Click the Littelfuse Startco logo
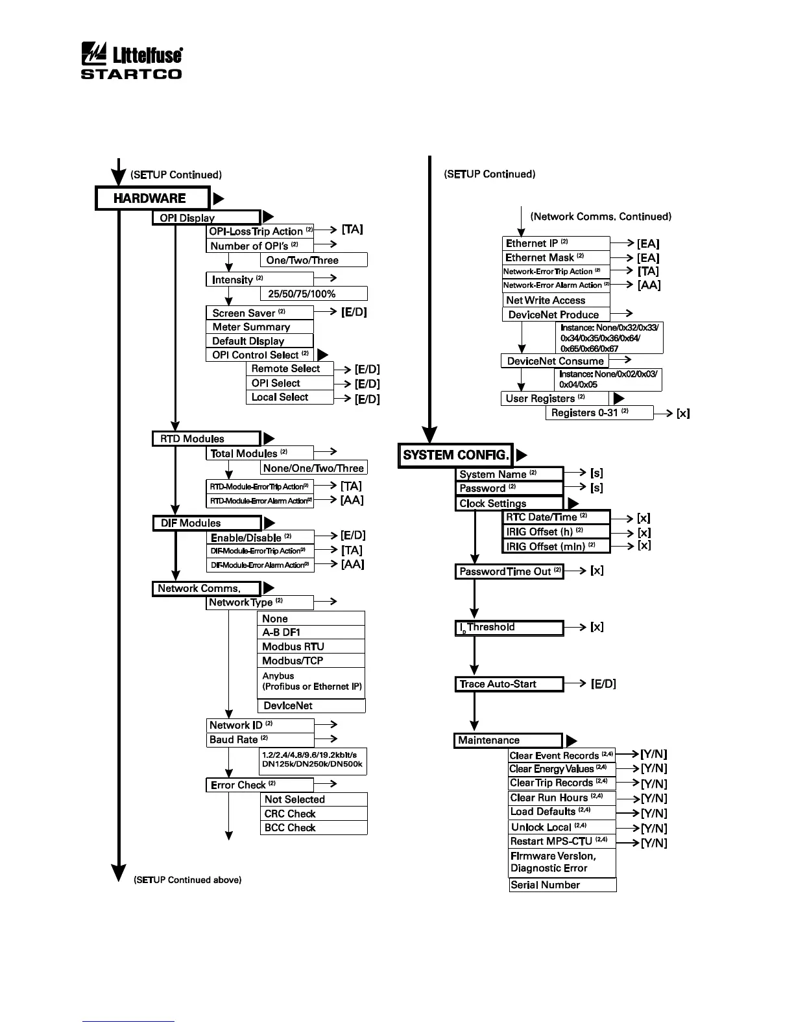point(131,61)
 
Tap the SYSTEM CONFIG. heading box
point(455,454)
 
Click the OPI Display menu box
point(206,218)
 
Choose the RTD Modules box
point(206,439)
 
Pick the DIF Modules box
point(207,523)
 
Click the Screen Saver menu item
point(259,313)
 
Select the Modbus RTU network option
point(311,646)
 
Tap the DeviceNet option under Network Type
point(311,705)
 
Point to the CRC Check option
point(313,814)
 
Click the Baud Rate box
point(259,740)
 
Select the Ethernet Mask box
point(556,257)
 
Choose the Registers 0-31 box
point(599,413)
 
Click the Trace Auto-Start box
point(509,684)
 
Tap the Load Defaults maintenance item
point(562,812)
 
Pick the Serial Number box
point(562,885)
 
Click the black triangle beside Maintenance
point(571,740)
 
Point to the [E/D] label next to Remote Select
point(367,370)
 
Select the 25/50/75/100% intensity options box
point(314,294)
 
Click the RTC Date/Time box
point(557,517)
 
